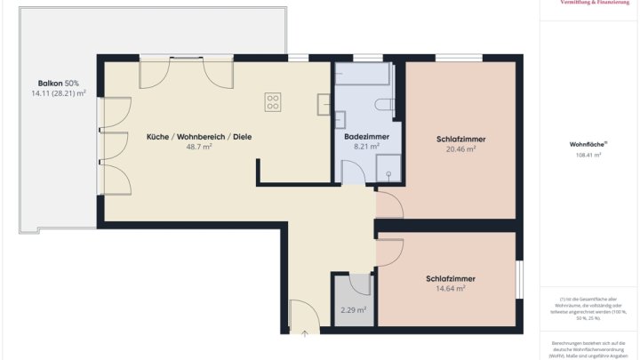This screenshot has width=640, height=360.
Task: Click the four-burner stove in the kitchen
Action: click(273, 102)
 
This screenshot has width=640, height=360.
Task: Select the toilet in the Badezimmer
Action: click(384, 104)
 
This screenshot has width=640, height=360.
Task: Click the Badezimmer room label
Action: click(364, 137)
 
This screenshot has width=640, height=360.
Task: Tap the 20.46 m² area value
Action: click(460, 149)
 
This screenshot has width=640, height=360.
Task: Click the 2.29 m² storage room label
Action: click(354, 310)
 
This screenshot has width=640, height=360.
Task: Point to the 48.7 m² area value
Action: click(199, 148)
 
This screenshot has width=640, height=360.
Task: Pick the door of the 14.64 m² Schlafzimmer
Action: click(389, 253)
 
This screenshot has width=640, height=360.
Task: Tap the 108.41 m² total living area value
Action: click(588, 155)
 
